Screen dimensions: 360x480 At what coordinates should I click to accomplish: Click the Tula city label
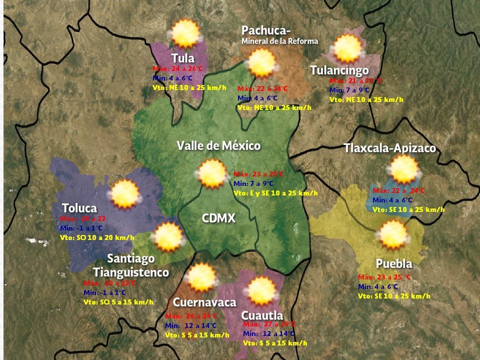[x=182, y=57]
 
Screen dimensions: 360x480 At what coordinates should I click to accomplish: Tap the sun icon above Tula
[x=185, y=33]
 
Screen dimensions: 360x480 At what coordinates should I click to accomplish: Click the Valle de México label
[x=218, y=145]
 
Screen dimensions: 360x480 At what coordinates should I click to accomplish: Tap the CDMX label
[x=218, y=218]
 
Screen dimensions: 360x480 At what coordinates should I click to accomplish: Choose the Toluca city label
[x=79, y=208]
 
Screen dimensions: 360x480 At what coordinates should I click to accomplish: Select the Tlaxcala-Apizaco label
[x=389, y=148]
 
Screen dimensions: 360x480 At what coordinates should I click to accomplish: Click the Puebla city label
[x=394, y=264]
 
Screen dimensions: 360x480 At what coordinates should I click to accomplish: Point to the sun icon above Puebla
[x=393, y=234]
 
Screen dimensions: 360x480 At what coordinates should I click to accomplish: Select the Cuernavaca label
[x=204, y=302]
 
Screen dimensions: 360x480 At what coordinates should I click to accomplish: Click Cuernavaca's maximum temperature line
[x=191, y=316]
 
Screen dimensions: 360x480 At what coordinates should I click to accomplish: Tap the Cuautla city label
[x=262, y=315]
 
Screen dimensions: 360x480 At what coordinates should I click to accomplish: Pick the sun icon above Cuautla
[x=261, y=290]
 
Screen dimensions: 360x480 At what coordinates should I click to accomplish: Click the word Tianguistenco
[x=131, y=272]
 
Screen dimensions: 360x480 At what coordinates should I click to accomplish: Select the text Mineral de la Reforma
[x=279, y=41]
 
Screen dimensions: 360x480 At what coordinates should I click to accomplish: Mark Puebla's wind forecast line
[x=394, y=296]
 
